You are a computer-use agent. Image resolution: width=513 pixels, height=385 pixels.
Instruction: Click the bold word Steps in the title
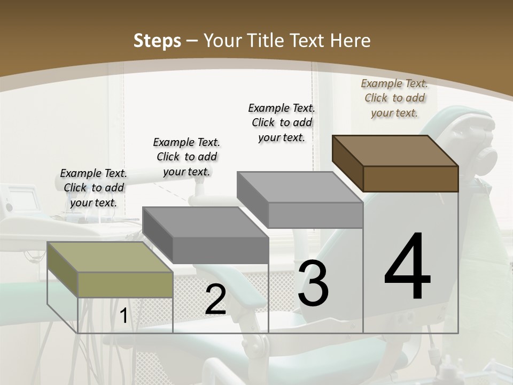click(157, 41)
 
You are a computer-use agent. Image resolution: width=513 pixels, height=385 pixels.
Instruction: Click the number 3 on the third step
click(313, 283)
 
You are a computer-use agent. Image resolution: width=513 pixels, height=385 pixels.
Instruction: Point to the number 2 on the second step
click(215, 300)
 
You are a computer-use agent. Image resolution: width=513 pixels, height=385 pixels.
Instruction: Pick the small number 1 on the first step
click(123, 316)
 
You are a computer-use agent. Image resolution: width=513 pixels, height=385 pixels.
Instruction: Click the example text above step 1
click(94, 188)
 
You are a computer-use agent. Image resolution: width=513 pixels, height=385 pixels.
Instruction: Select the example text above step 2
click(186, 157)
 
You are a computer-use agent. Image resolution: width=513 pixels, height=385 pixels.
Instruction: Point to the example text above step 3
click(282, 122)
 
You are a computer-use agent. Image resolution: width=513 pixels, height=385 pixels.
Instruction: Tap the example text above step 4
click(394, 98)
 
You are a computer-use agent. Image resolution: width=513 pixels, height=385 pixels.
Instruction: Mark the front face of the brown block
click(410, 179)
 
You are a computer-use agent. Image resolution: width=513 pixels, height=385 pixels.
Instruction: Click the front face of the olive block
click(126, 284)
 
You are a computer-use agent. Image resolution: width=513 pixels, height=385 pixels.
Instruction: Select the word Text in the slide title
click(310, 41)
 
